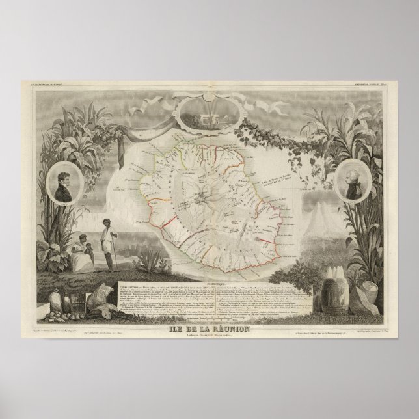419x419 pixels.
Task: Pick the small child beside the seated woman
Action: click(x=91, y=252)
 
